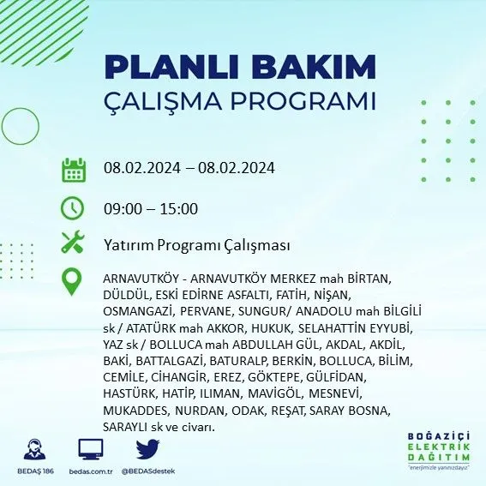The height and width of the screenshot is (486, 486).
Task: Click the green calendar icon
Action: (74, 170)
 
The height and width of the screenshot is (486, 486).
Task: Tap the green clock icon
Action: (72, 207)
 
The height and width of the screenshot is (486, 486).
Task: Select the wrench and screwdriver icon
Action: (73, 242)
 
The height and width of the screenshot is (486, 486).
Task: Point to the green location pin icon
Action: (72, 282)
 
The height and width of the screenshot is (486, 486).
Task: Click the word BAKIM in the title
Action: (314, 67)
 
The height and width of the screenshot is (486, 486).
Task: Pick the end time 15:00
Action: (179, 208)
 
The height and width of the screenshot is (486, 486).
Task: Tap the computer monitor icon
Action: (91, 449)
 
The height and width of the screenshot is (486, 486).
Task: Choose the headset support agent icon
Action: (34, 449)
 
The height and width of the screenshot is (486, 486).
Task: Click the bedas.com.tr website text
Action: (91, 471)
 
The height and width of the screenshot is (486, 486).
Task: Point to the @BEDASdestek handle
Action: (148, 471)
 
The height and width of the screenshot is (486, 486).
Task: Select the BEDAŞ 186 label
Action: (35, 471)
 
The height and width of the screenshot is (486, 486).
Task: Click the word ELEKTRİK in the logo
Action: (438, 447)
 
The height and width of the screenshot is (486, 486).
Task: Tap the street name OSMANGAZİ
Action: (138, 312)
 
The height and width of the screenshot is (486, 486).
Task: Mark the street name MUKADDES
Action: (136, 411)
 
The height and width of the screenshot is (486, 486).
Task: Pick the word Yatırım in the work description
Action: (129, 245)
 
